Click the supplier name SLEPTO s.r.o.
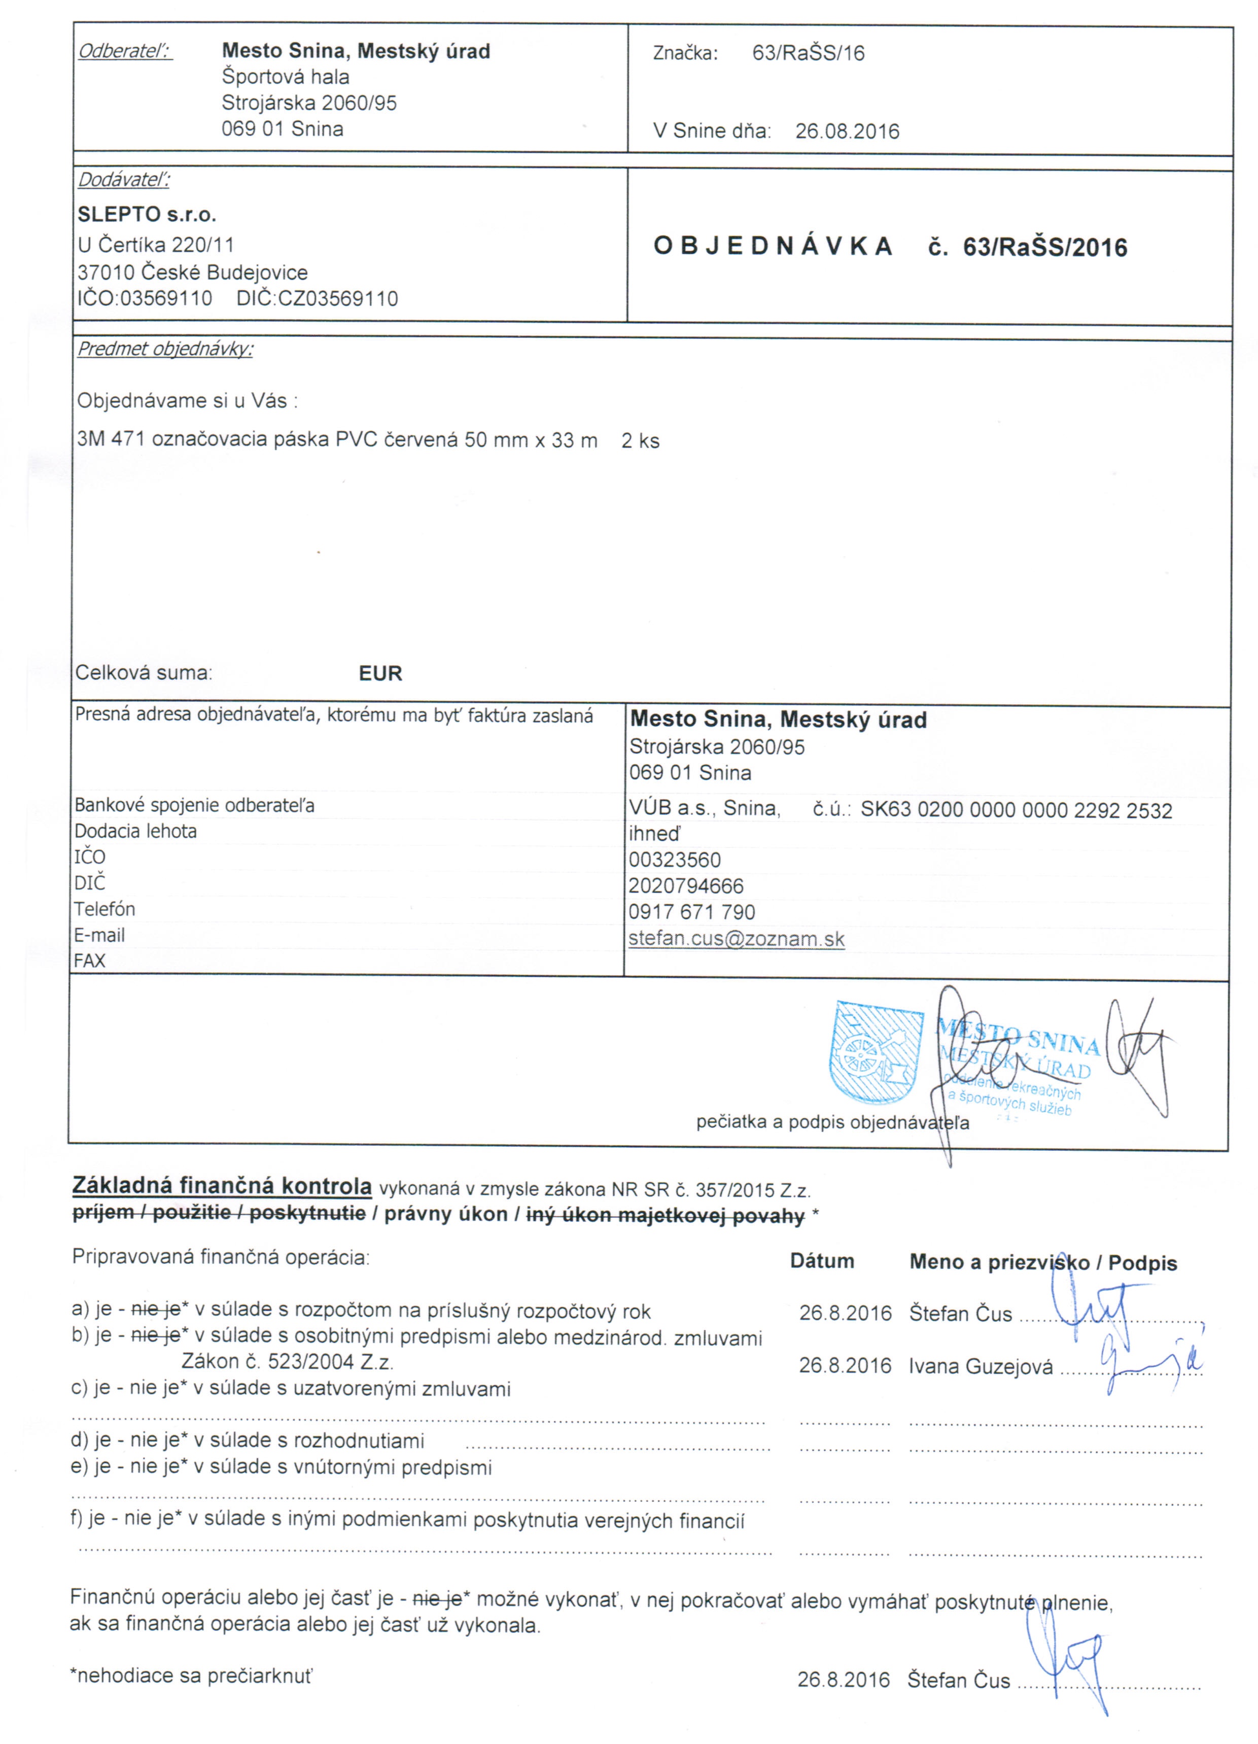click(x=147, y=215)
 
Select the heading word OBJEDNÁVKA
click(x=772, y=247)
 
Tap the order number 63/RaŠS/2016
click(x=1045, y=248)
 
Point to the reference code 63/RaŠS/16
click(x=808, y=53)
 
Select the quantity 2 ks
click(x=641, y=440)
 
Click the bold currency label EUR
click(x=380, y=674)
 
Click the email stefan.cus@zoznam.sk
click(x=736, y=939)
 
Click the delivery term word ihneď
click(x=654, y=834)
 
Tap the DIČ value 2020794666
click(x=686, y=886)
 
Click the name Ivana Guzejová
click(x=981, y=1366)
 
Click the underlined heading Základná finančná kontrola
click(x=222, y=1186)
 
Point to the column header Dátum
click(x=822, y=1261)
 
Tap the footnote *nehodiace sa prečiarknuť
click(x=191, y=1675)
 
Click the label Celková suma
click(x=144, y=673)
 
